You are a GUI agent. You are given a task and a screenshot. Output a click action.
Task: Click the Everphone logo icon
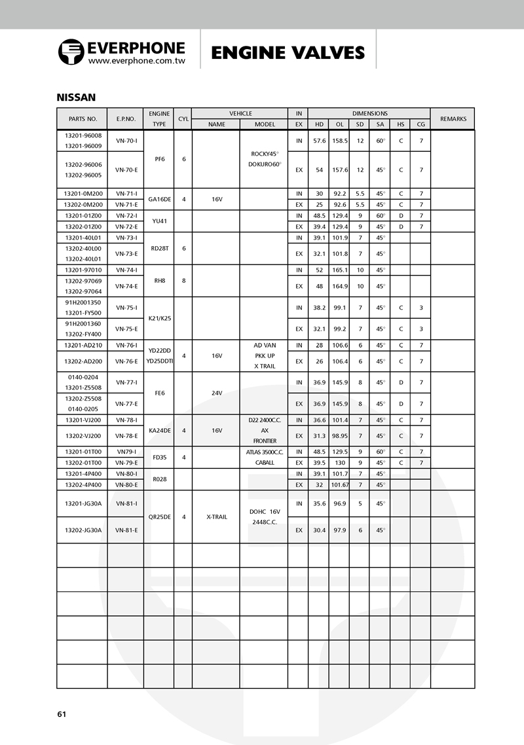71,52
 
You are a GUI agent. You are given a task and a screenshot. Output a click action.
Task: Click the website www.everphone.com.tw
136,61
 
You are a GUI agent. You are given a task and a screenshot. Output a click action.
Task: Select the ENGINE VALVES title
288,52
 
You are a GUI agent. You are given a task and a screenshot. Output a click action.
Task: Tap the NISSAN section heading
76,98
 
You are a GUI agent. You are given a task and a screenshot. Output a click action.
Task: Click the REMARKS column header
453,118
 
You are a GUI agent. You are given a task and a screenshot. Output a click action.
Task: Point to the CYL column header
183,118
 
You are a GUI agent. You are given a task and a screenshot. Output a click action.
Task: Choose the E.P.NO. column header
126,118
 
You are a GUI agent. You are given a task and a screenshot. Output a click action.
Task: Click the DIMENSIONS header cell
369,113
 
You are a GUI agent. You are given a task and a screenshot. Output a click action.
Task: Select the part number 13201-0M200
83,194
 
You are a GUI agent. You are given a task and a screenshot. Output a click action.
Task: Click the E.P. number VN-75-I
126,308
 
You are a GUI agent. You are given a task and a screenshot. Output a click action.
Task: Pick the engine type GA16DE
159,199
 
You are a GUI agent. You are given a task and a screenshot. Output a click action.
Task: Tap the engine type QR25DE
159,517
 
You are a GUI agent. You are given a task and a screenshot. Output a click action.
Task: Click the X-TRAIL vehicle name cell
215,517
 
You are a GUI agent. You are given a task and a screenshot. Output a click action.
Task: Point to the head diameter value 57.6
319,141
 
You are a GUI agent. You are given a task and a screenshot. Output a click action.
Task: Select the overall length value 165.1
339,270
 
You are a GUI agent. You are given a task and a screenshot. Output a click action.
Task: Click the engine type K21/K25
159,318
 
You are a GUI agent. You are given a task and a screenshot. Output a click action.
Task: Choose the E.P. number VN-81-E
126,530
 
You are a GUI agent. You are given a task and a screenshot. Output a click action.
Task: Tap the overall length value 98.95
339,435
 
